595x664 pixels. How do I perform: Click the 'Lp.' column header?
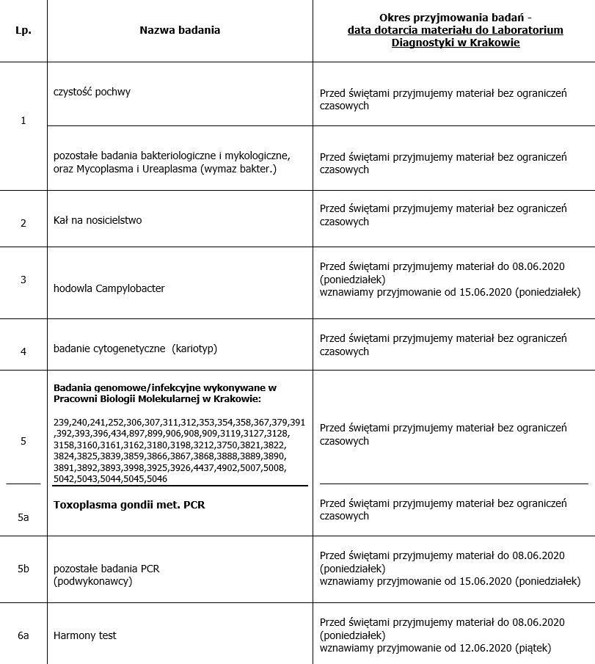[x=23, y=30]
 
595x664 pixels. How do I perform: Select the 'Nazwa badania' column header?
[x=180, y=30]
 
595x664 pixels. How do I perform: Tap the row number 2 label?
[x=23, y=222]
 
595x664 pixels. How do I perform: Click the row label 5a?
[x=23, y=517]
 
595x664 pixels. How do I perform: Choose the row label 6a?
[x=23, y=635]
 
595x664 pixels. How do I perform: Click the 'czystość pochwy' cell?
[x=92, y=92]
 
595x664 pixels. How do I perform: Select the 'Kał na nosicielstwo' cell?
[x=98, y=220]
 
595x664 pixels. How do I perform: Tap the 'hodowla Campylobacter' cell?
[x=109, y=288]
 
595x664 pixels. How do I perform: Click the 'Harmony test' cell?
[x=85, y=635]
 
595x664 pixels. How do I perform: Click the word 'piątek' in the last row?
[x=528, y=648]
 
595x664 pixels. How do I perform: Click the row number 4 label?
[x=23, y=351]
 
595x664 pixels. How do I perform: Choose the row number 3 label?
[x=23, y=280]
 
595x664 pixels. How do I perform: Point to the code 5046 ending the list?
[x=156, y=478]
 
